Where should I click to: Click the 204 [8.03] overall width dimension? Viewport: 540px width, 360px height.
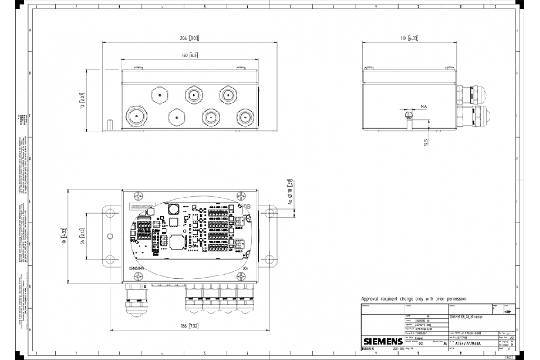pyautogui.click(x=189, y=39)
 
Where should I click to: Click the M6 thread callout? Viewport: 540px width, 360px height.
pyautogui.click(x=423, y=107)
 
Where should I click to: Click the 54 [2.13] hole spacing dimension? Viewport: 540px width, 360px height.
pyautogui.click(x=82, y=235)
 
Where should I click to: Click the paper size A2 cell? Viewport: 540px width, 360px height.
pyautogui.click(x=512, y=337)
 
